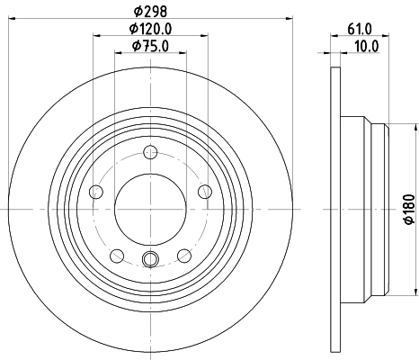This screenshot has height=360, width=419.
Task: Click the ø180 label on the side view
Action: [x=407, y=209]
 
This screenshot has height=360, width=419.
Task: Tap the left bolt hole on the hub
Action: [x=95, y=190]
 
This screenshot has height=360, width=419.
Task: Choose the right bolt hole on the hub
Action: [x=205, y=190]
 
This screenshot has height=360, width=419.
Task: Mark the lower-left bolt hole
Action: [x=116, y=255]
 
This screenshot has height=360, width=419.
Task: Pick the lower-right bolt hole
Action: [x=184, y=255]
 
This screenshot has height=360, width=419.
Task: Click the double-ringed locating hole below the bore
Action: [x=150, y=260]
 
